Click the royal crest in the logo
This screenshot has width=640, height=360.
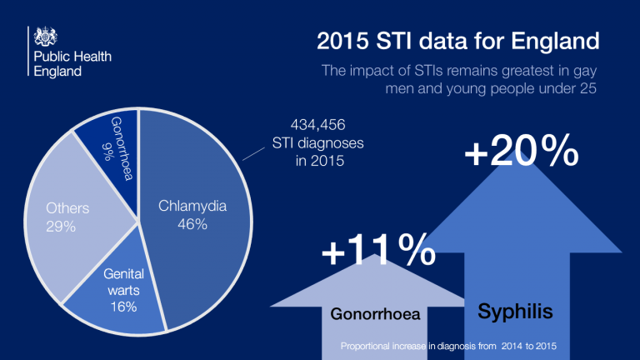[x=45, y=37]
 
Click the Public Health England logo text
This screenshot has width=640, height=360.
[x=72, y=63]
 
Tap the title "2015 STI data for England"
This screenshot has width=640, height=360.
[x=458, y=41]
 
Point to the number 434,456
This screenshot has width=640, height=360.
[x=318, y=124]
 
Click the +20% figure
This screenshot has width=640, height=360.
[x=522, y=151]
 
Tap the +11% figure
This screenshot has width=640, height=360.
[x=379, y=250]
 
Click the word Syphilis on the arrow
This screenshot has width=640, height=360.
[x=515, y=312]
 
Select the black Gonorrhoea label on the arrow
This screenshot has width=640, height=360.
[x=375, y=314]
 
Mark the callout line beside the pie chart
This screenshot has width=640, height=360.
[x=253, y=154]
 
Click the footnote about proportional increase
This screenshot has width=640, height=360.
[x=448, y=346]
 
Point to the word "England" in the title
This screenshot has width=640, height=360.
[x=555, y=41]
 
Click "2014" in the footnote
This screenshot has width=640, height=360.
[x=512, y=346]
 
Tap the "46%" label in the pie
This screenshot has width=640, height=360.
[x=192, y=224]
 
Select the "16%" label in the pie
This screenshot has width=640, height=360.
[x=123, y=307]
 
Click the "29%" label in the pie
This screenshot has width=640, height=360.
[x=61, y=227]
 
